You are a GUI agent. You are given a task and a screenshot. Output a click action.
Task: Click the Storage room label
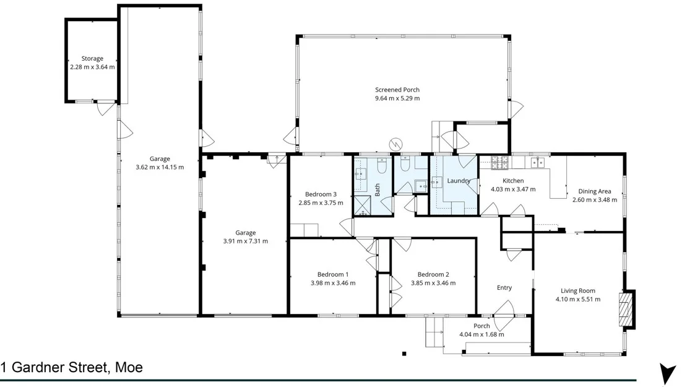click(x=92, y=59)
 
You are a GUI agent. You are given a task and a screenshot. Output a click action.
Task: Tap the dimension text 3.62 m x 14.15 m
click(x=160, y=167)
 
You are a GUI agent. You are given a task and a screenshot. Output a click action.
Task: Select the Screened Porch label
click(x=397, y=90)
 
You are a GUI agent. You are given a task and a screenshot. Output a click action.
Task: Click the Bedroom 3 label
click(x=321, y=194)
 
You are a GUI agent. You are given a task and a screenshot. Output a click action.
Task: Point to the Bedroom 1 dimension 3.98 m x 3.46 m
click(x=333, y=283)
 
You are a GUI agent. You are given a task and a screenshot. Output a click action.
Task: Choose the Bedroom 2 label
click(x=433, y=274)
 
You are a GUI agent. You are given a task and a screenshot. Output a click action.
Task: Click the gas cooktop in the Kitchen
click(x=499, y=163)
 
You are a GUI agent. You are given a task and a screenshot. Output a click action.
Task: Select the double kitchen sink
click(x=537, y=163)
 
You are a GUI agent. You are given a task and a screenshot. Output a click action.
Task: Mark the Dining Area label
click(x=595, y=191)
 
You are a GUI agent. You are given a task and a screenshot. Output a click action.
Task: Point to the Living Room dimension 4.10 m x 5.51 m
click(x=578, y=300)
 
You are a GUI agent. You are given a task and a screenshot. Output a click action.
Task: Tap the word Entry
click(x=504, y=287)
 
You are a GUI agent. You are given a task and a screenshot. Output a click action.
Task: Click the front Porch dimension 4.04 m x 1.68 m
click(x=481, y=335)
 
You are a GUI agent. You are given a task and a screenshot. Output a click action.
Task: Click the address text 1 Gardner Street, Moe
click(x=72, y=367)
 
